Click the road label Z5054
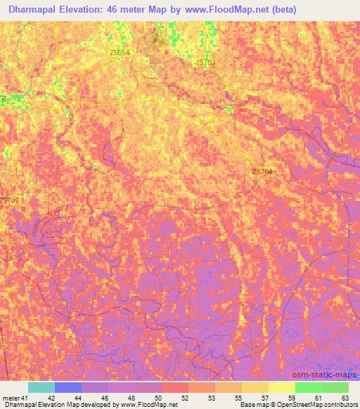tap(120, 53)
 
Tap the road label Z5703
tap(205, 63)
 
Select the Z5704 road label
tap(261, 171)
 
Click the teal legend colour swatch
tap(41, 387)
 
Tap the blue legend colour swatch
tap(68, 387)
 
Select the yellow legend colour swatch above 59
tap(281, 387)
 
